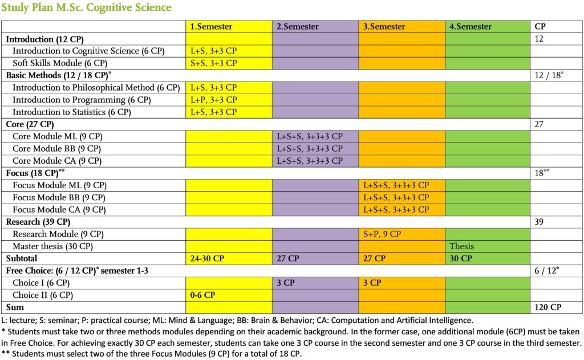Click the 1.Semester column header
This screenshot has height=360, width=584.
(211, 26)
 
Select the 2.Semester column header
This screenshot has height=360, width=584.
(298, 26)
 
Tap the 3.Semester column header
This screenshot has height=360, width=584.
(384, 26)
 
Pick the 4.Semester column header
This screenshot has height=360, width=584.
(471, 26)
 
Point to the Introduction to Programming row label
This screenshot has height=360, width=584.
(82, 100)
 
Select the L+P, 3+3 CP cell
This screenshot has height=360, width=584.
(214, 100)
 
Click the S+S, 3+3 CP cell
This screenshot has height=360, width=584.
(214, 63)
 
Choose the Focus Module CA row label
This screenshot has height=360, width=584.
(59, 210)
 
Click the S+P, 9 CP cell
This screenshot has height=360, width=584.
(382, 234)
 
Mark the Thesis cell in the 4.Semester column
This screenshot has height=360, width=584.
(462, 246)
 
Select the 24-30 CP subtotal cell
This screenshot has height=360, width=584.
(207, 258)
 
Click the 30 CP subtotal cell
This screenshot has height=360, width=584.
(461, 258)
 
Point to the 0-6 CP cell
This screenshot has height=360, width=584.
(202, 295)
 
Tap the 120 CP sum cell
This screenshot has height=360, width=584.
(548, 308)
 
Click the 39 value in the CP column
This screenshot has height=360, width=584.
(539, 222)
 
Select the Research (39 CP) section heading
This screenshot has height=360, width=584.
(38, 222)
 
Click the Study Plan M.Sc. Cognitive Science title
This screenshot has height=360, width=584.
(87, 7)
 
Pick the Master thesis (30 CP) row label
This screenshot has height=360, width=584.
(53, 246)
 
